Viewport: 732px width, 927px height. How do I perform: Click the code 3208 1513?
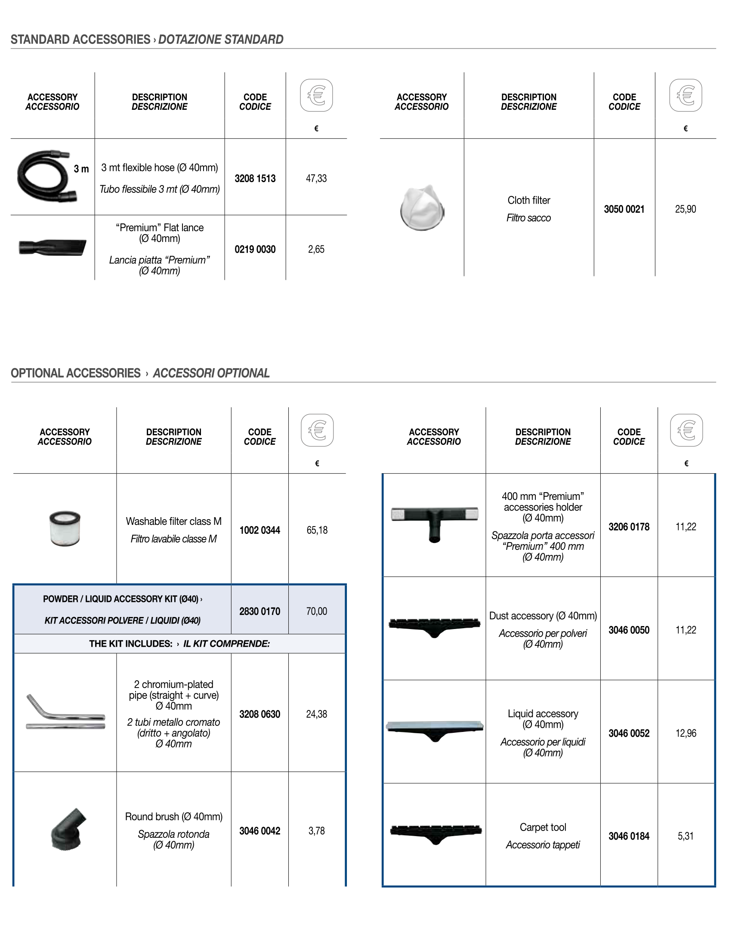click(x=255, y=178)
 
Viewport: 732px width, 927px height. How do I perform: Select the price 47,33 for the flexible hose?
click(x=316, y=178)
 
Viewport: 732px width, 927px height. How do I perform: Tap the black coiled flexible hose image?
click(x=43, y=176)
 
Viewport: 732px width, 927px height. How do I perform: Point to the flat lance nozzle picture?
click(x=53, y=247)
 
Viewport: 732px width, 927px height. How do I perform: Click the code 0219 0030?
click(x=255, y=249)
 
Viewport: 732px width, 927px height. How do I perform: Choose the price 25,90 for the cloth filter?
click(x=685, y=209)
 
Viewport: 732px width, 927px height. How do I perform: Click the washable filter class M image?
click(x=65, y=529)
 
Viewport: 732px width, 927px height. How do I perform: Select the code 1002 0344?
click(x=259, y=530)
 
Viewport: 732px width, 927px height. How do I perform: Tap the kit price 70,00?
click(x=317, y=611)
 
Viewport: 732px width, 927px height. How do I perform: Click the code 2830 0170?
click(x=259, y=611)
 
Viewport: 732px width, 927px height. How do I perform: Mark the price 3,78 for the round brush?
click(x=317, y=831)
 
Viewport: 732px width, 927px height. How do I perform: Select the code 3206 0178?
click(x=629, y=527)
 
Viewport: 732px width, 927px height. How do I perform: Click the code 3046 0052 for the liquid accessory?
click(x=629, y=733)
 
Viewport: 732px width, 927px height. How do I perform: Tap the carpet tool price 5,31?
click(x=686, y=836)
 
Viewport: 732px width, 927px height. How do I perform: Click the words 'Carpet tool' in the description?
click(x=543, y=827)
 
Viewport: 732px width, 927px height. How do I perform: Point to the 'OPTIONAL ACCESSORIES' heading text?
click(x=76, y=373)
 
